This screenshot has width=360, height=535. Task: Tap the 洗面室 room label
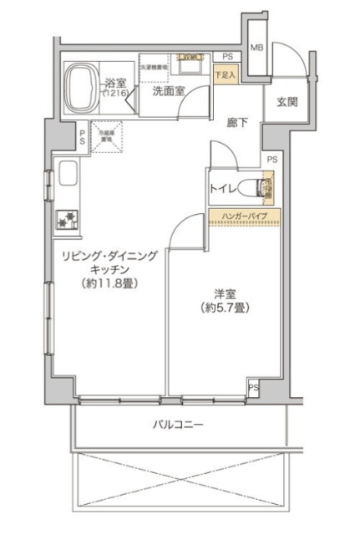coord(169,92)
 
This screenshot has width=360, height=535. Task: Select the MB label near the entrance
coord(257,48)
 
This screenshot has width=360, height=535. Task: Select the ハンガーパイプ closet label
coord(244,217)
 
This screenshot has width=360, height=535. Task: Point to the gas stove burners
coord(67,219)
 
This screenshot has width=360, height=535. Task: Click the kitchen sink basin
coord(67,179)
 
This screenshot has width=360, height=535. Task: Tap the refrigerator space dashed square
coord(106,136)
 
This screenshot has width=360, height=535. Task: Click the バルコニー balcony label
coord(177,425)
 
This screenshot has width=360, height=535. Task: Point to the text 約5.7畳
coord(222,308)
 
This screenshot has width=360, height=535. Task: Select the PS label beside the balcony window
coord(253,388)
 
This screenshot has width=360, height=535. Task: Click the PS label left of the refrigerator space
coord(82,135)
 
